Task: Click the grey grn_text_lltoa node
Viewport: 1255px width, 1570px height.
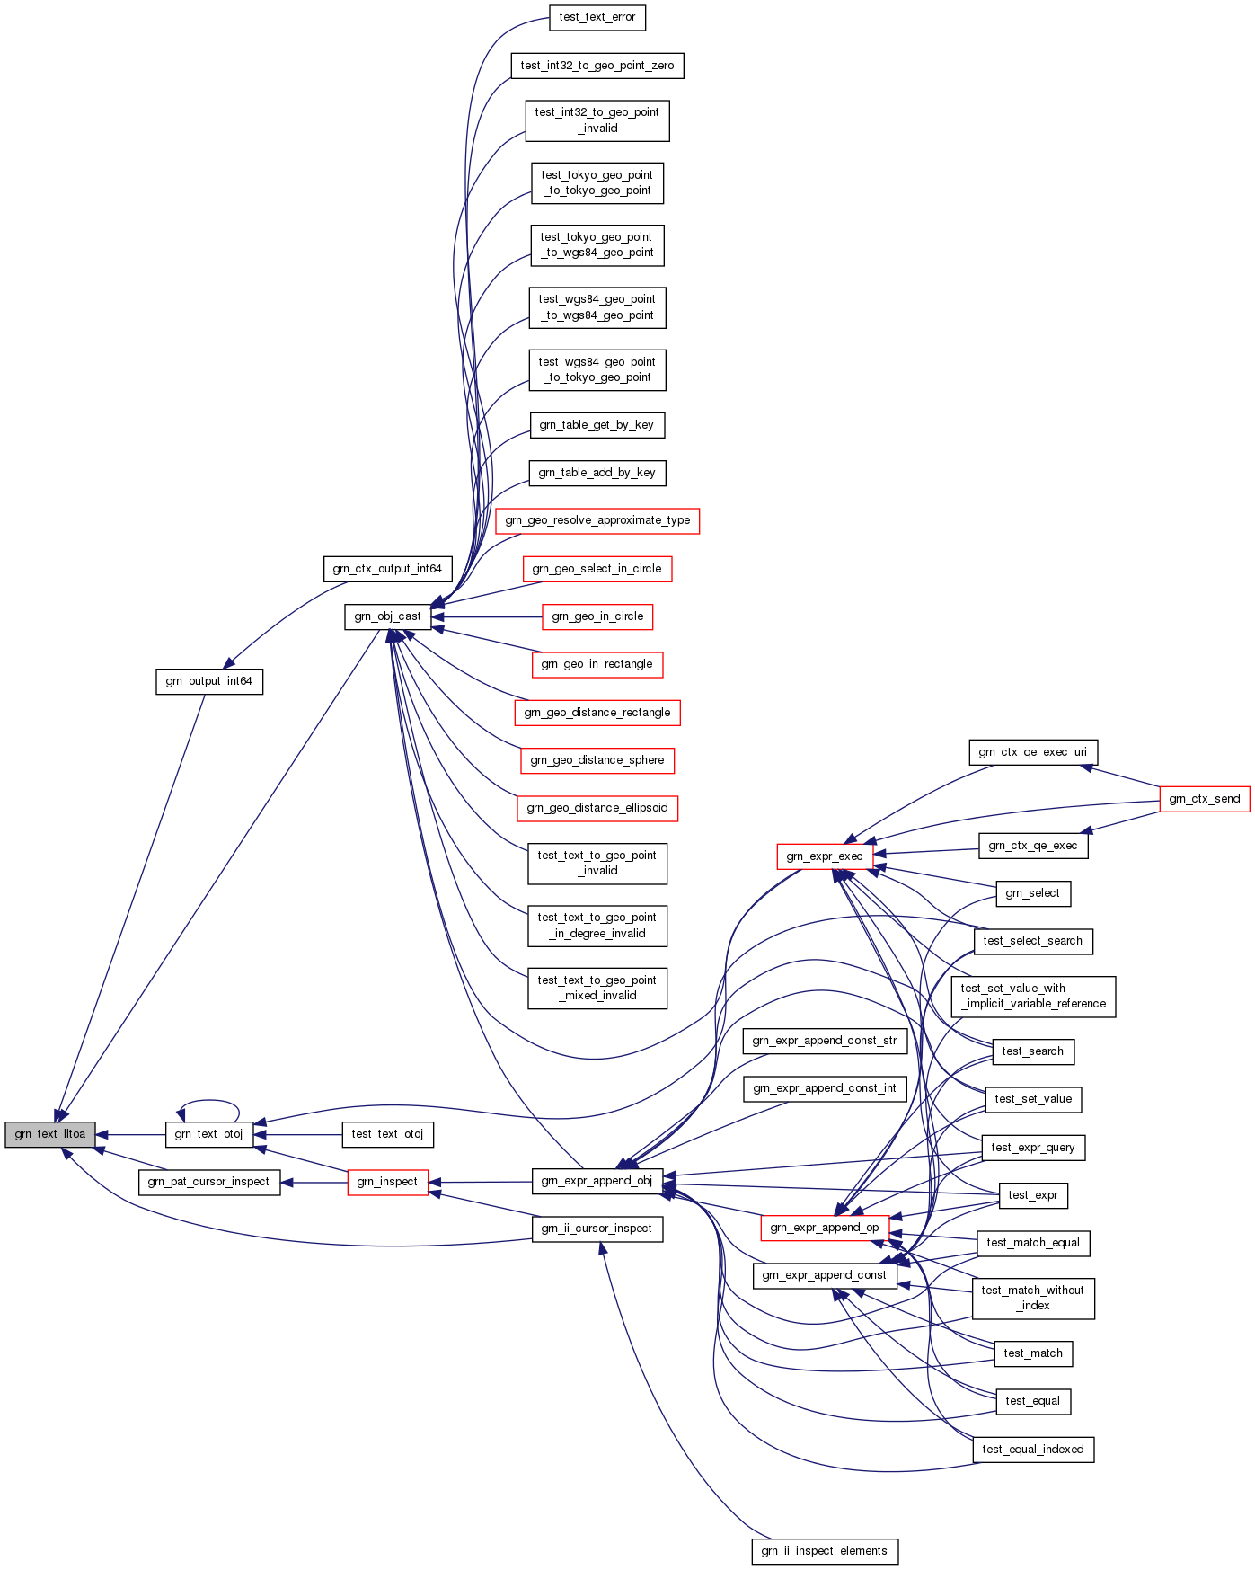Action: pos(50,1134)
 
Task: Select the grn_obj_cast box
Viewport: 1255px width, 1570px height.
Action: pos(387,616)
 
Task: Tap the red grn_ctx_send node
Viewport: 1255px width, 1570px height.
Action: pos(1204,799)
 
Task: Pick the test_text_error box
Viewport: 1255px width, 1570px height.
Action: pos(597,17)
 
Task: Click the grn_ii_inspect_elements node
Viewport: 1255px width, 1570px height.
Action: pos(824,1551)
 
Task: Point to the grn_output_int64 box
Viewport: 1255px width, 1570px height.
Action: pos(209,681)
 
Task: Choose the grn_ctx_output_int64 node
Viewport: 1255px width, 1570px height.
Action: pos(387,569)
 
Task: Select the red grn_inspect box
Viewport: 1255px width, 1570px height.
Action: pos(387,1182)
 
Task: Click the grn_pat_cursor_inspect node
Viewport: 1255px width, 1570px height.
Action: pos(209,1182)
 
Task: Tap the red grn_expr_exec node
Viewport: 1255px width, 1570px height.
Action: pos(824,856)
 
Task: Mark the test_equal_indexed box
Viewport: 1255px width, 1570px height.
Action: pos(1033,1450)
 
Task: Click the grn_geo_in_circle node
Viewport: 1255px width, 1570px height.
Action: pos(597,616)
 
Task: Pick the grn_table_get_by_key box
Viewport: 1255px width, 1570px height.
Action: pos(597,425)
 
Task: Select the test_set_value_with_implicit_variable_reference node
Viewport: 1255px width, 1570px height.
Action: pos(1033,997)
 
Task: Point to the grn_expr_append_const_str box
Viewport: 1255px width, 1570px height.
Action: pos(824,1041)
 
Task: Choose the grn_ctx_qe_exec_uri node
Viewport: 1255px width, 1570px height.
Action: pos(1033,752)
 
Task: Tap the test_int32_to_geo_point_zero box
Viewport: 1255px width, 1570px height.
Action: pos(597,66)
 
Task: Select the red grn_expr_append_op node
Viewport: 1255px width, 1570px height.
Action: pos(824,1228)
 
